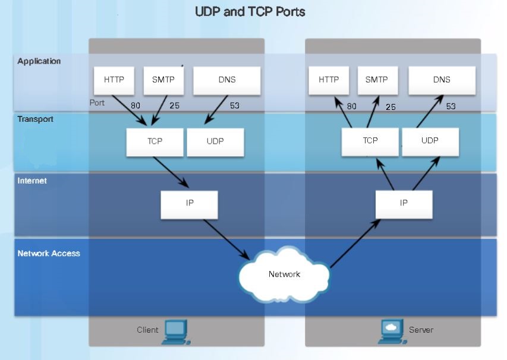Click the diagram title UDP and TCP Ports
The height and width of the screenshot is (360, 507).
click(x=250, y=11)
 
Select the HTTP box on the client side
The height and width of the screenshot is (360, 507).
click(x=114, y=80)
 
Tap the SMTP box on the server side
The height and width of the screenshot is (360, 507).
click(x=376, y=80)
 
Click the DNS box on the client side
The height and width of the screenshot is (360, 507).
click(x=227, y=80)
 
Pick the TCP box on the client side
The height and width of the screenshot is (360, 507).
click(x=155, y=143)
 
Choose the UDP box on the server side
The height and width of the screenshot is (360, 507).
click(x=430, y=141)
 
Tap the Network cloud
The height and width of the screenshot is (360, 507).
click(x=284, y=274)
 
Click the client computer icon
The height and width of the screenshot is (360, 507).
click(x=175, y=331)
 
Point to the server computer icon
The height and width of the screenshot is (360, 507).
click(x=391, y=331)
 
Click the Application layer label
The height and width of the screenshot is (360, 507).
click(x=39, y=61)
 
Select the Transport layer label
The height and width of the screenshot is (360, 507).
click(x=36, y=119)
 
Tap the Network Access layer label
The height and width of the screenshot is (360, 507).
click(x=49, y=254)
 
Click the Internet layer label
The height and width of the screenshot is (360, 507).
click(x=32, y=181)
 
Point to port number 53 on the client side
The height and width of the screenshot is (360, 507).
click(x=235, y=106)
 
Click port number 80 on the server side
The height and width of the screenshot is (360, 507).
click(x=352, y=107)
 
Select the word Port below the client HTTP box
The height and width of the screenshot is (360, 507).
click(x=97, y=103)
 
